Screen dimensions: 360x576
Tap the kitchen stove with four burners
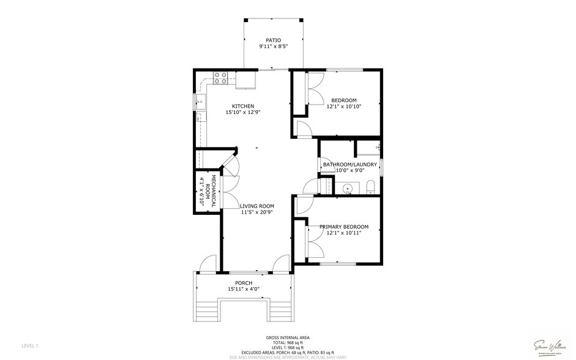(x=220, y=78)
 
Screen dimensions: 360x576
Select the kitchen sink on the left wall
(x=200, y=100)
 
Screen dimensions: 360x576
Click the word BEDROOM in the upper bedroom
(x=343, y=100)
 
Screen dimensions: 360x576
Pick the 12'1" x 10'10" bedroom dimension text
(x=343, y=107)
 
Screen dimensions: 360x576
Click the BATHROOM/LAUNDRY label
(x=350, y=165)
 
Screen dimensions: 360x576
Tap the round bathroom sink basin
(x=348, y=188)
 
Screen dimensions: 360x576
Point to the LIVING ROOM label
(x=256, y=206)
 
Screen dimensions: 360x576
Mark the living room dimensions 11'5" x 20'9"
(x=256, y=212)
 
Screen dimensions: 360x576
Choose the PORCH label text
(x=244, y=283)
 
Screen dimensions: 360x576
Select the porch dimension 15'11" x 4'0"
(x=244, y=289)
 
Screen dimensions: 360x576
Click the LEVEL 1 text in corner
(x=29, y=346)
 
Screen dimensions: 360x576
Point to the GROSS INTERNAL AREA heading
(x=287, y=338)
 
